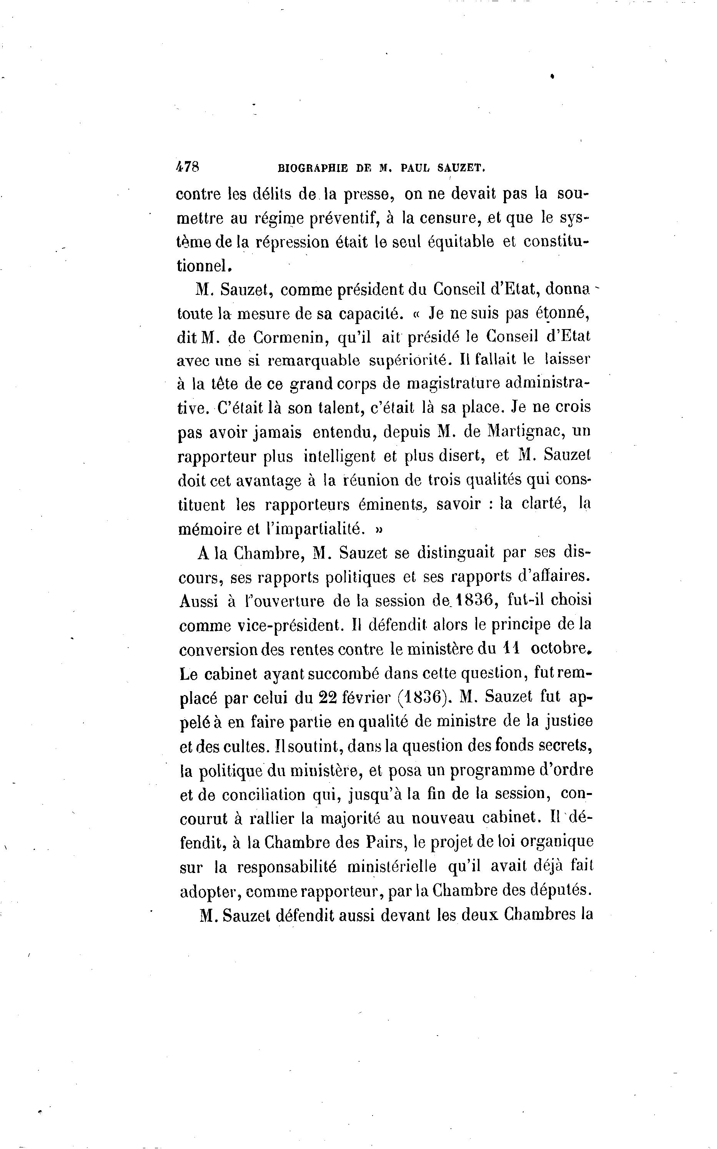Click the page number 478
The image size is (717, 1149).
(x=187, y=167)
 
